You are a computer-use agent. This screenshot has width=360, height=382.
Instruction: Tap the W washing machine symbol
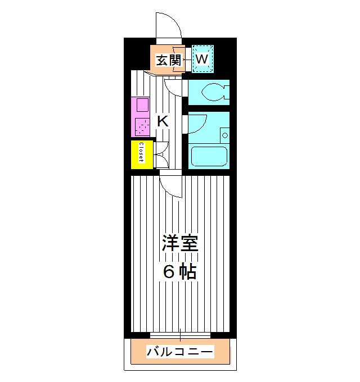coord(202,58)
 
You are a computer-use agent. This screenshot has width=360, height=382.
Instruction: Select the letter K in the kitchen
coord(162,121)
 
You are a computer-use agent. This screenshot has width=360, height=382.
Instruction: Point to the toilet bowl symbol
coord(213,92)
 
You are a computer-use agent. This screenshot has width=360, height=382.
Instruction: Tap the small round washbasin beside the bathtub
coord(224,135)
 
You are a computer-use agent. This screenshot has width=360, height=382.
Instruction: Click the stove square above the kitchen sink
coord(141,106)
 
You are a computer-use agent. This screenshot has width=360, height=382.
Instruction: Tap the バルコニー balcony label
coord(180,352)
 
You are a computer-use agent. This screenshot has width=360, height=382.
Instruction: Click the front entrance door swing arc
coord(169,24)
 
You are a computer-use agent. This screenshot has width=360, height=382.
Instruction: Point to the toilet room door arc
coord(175,87)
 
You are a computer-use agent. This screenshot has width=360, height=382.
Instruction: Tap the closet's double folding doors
coord(160,154)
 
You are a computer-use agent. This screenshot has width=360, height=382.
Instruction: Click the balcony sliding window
coord(180,335)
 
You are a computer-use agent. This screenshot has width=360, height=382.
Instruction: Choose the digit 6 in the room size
coord(169,272)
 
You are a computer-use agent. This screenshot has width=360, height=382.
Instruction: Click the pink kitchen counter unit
coord(141,116)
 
